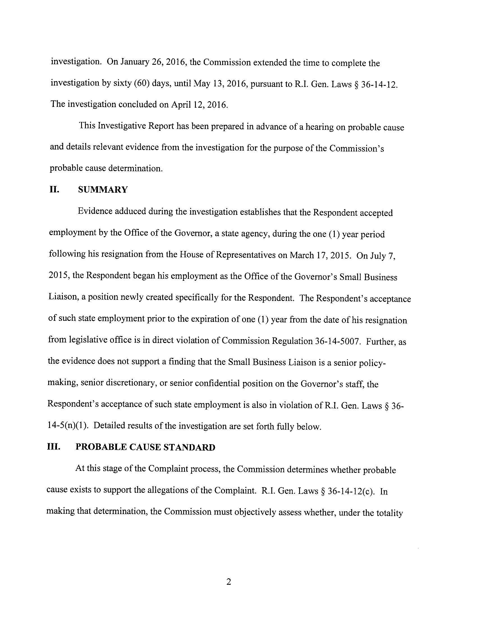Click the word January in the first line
point(134,63)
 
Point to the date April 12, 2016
point(199,105)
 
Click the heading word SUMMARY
point(103,190)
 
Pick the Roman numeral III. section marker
point(54,447)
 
